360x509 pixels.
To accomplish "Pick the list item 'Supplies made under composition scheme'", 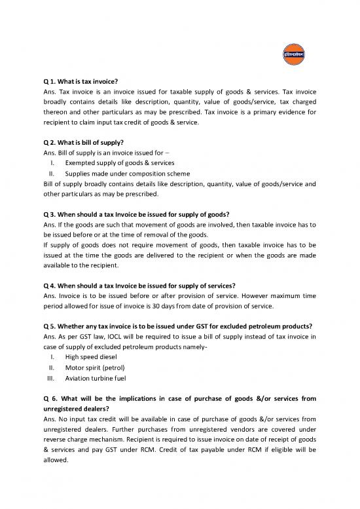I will tap(127, 174).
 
